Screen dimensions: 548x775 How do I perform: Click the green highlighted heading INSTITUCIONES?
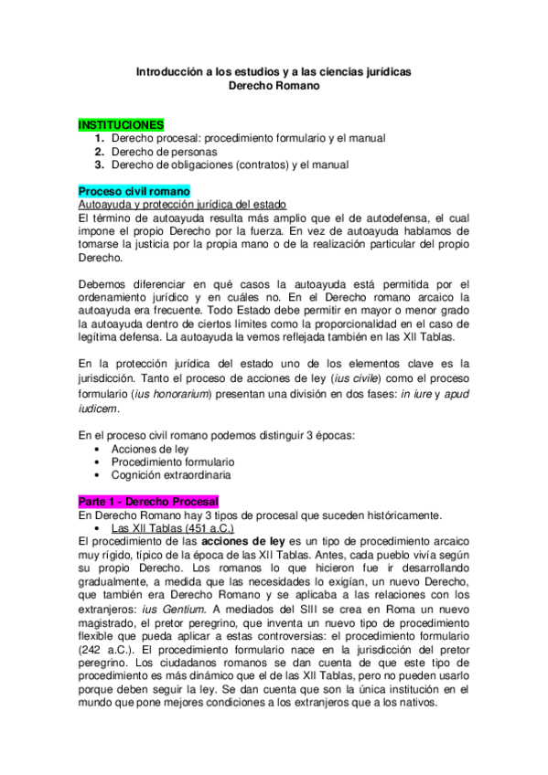tap(121, 123)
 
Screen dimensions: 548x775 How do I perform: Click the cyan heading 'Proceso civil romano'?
tap(134, 191)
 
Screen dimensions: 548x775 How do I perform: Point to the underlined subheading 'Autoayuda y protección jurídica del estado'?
tap(183, 205)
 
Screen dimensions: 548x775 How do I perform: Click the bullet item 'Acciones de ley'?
tap(146, 450)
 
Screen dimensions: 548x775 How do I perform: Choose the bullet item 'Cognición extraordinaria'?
tap(171, 475)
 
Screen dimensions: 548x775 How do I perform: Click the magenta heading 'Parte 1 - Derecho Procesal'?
tap(148, 502)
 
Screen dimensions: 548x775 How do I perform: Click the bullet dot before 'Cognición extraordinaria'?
tap(99, 475)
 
